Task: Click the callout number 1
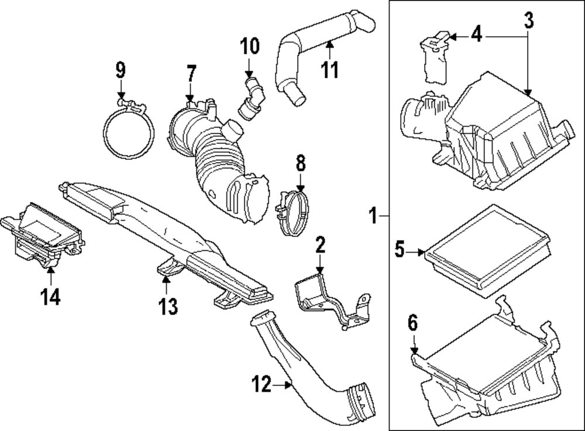(x=373, y=216)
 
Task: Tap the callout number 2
(x=319, y=244)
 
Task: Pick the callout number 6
(x=412, y=323)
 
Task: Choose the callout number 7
(x=191, y=74)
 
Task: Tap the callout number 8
(x=300, y=164)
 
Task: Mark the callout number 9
(x=120, y=71)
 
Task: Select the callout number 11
(x=330, y=70)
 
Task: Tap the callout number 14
(x=50, y=298)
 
